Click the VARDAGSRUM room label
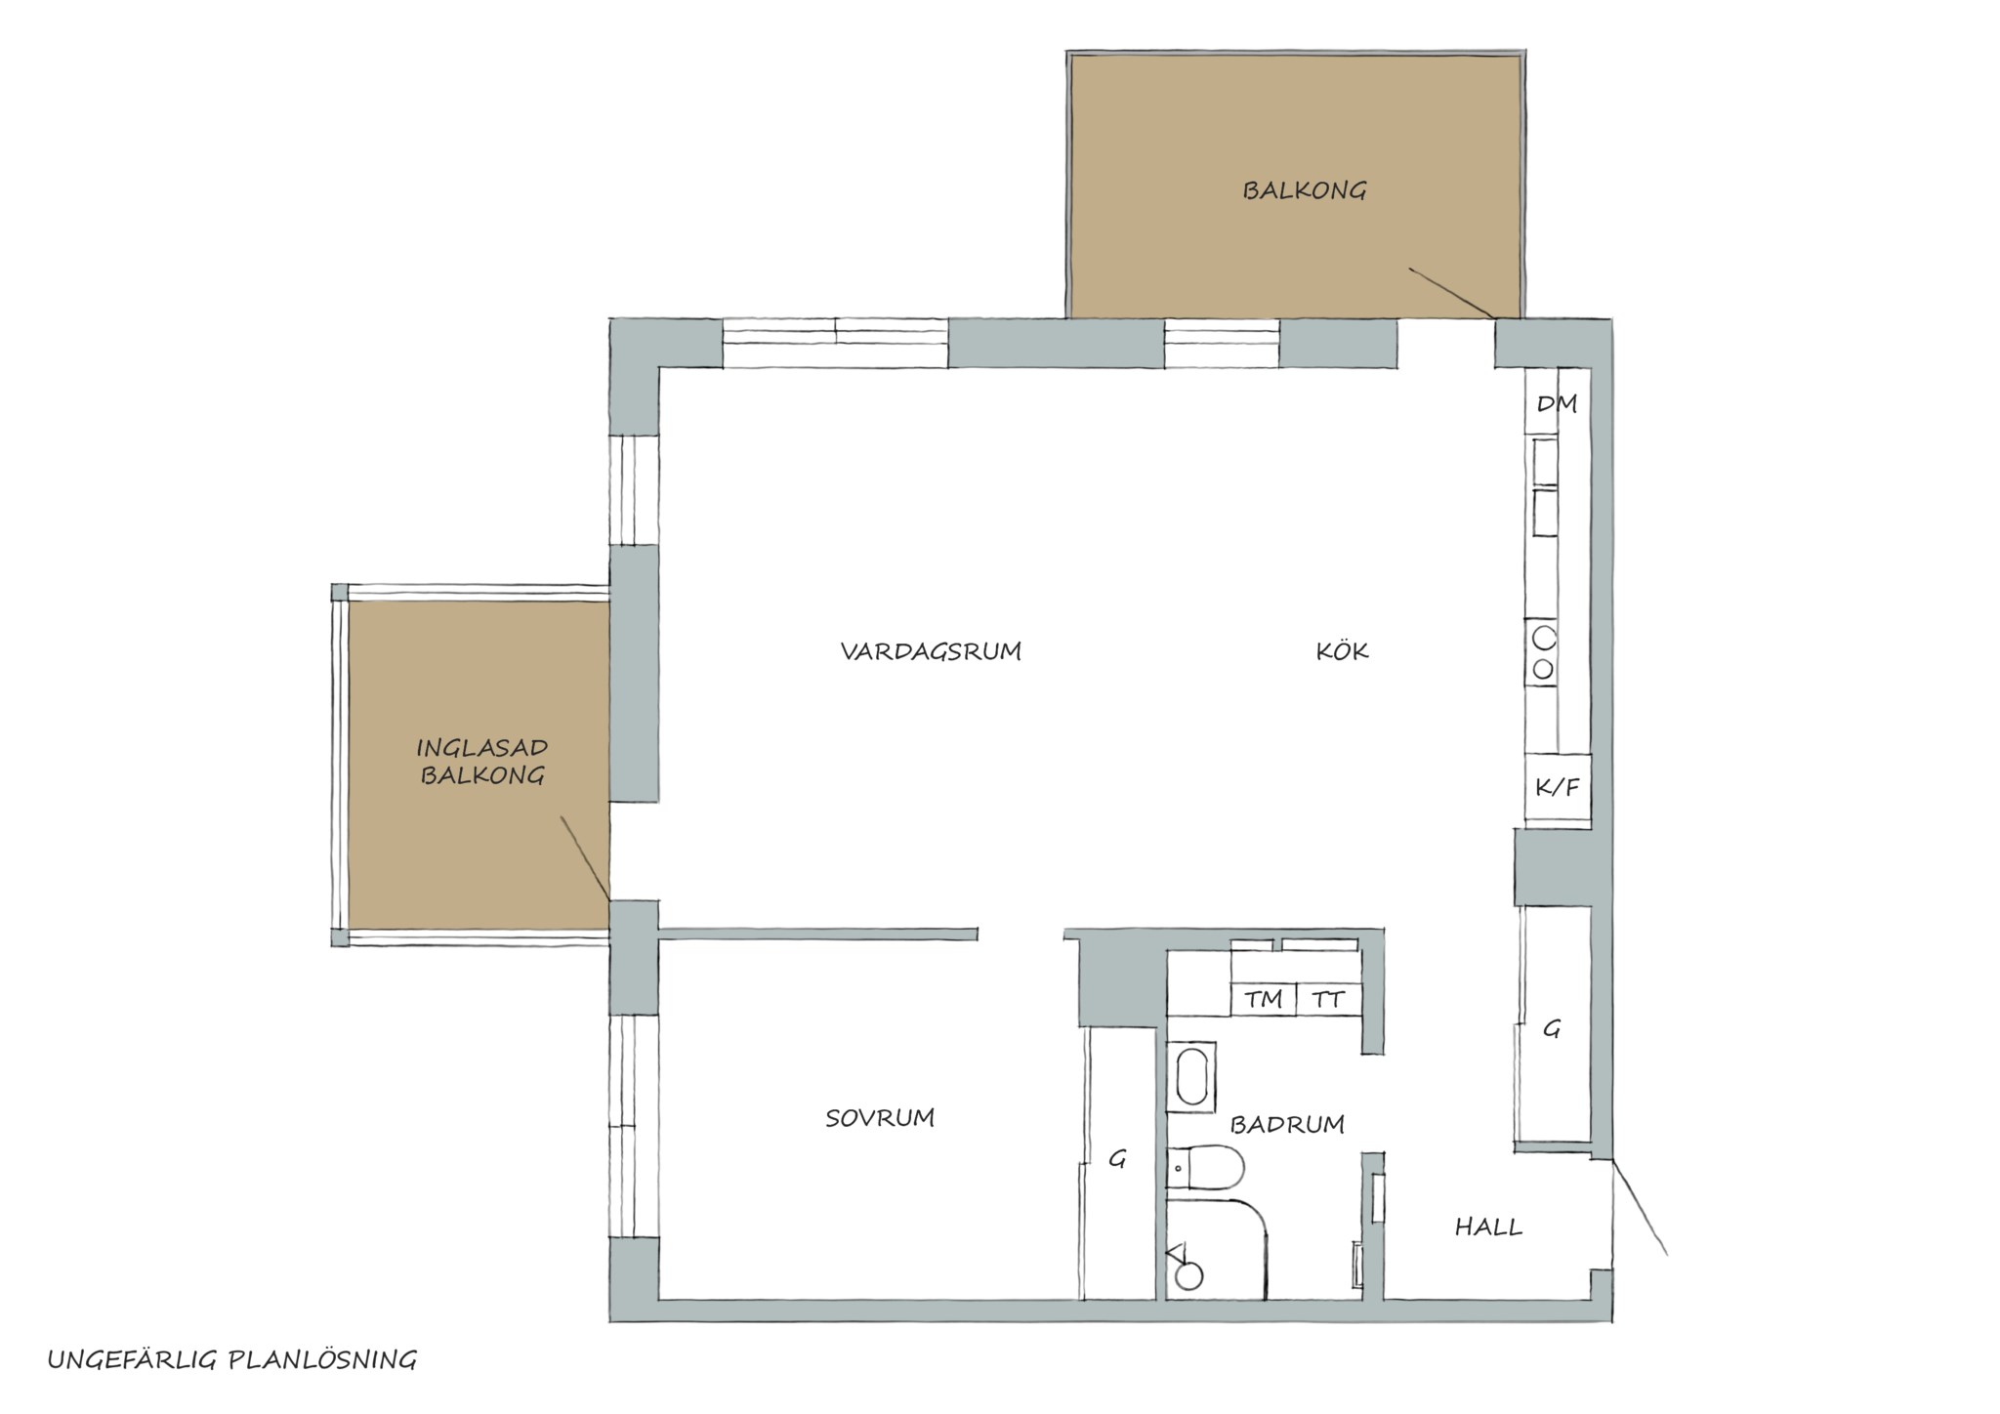coord(931,651)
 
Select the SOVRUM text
coord(880,1117)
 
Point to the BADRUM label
coord(1287,1124)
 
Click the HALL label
coord(1488,1227)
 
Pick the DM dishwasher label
coord(1557,403)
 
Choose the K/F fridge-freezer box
coord(1558,787)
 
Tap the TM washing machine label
coord(1263,999)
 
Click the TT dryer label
coord(1328,999)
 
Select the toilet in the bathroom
coord(1205,1167)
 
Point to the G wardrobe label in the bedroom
coord(1118,1159)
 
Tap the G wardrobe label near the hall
coord(1551,1028)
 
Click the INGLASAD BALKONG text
coord(481,762)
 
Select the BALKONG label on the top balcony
coord(1304,189)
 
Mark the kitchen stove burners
coord(1543,652)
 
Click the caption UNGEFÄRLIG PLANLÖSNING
coord(232,1359)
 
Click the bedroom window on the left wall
coord(634,1127)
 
